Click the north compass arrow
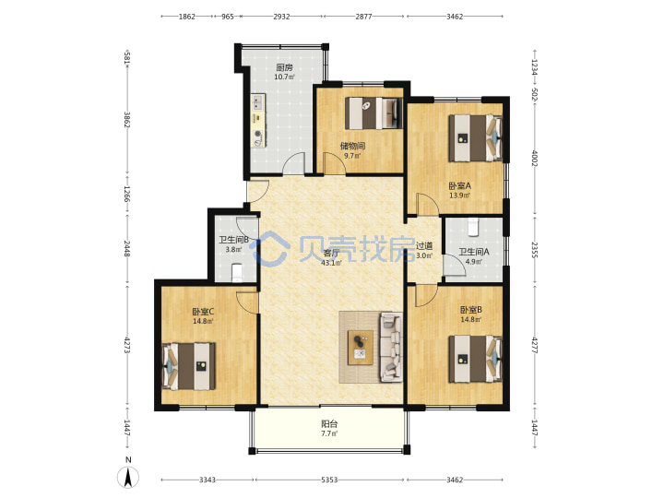coord(128,477)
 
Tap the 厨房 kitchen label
coord(284,67)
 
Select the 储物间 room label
coord(352,146)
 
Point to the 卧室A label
coord(459,185)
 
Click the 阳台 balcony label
coord(329,423)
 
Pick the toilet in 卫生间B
coord(237,273)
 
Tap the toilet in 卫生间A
coord(473,227)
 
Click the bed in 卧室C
coord(189,366)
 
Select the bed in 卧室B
coord(476,359)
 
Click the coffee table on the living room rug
coord(361,348)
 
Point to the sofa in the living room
coord(391,348)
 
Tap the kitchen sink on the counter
coord(258,102)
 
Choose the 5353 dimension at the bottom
coord(329,480)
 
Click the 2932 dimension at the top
coord(281,17)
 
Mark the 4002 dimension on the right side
coord(535,159)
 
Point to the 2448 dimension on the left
coord(126,248)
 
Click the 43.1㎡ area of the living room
coord(332,263)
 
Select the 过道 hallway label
coord(424,245)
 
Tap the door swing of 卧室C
coord(248,302)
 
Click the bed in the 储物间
coord(373,113)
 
